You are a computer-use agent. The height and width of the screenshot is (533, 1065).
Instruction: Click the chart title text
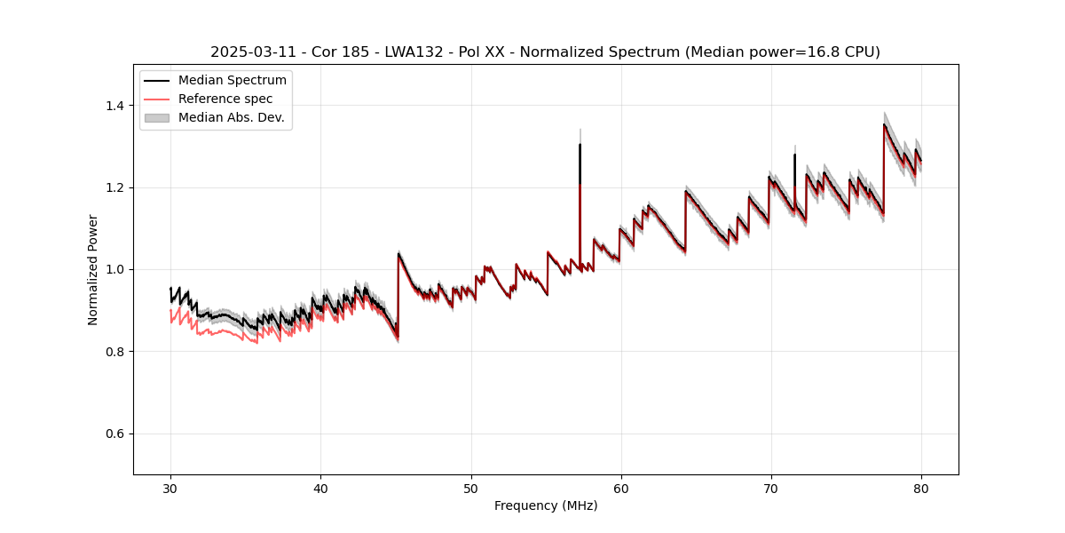(545, 52)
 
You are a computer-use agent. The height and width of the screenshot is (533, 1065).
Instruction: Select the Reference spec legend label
(225, 99)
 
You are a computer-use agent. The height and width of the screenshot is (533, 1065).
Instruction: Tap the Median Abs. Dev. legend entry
(231, 117)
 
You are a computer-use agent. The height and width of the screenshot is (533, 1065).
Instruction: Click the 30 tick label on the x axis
(171, 488)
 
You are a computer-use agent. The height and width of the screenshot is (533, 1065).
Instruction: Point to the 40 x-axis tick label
(321, 488)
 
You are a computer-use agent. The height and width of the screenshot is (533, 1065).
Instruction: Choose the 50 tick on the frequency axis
(471, 488)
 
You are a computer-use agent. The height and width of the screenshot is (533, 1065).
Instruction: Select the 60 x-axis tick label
(621, 488)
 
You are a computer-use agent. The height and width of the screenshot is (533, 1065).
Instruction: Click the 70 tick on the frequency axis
(771, 488)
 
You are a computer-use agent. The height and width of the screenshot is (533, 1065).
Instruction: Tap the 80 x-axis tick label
(921, 488)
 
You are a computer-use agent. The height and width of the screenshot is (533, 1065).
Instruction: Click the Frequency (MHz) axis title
(546, 505)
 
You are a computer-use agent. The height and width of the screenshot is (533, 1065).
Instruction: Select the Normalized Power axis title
(93, 269)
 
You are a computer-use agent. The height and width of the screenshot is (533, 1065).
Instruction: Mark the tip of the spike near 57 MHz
(580, 145)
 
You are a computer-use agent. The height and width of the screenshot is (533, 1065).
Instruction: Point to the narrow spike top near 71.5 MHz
(794, 155)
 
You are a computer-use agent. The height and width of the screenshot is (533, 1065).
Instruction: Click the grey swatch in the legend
(156, 117)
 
